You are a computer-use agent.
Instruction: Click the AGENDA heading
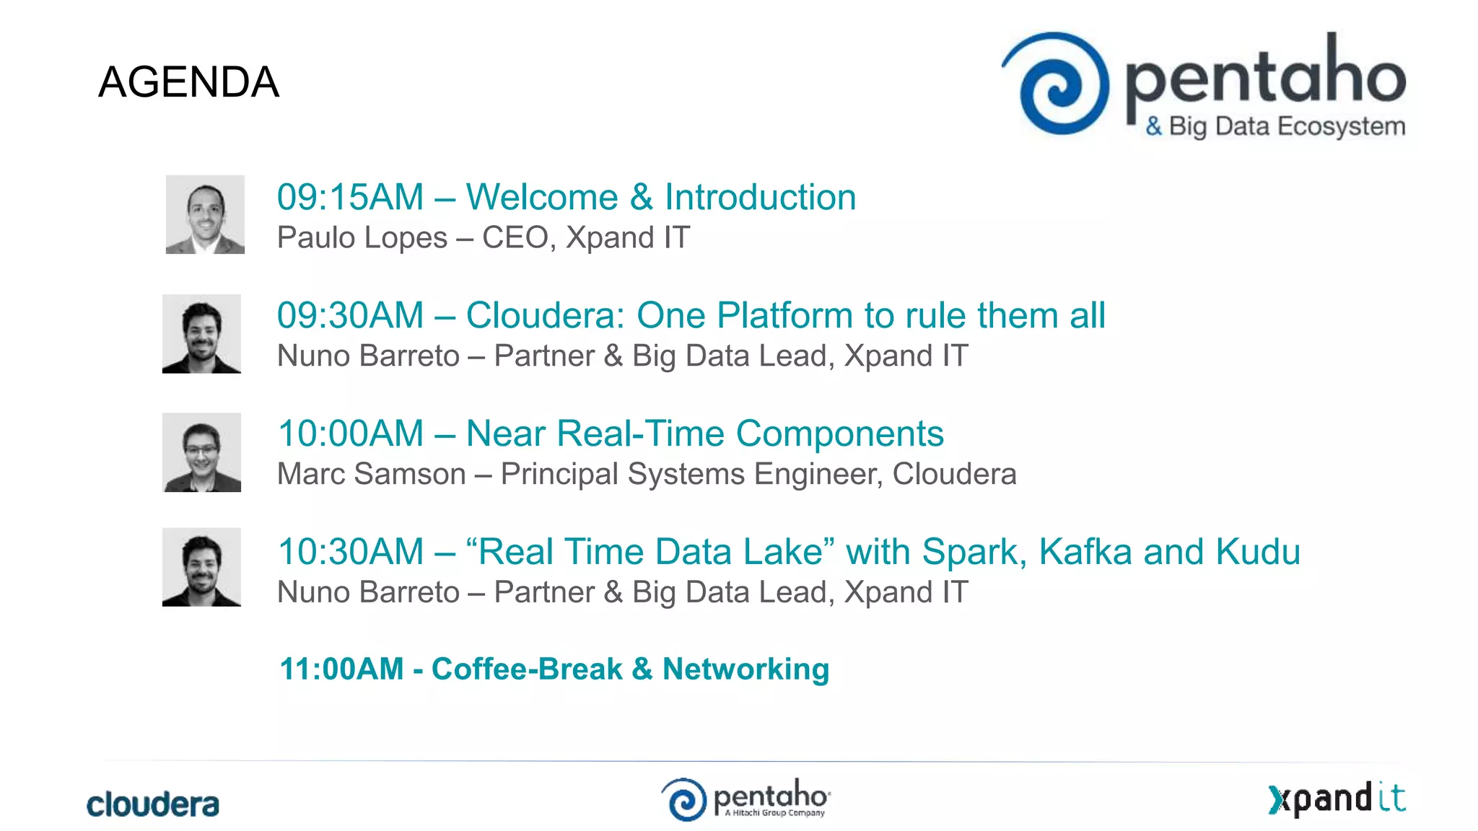[x=188, y=82]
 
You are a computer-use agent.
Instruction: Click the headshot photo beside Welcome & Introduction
[x=205, y=214]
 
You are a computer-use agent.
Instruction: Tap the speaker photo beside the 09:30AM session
[x=201, y=333]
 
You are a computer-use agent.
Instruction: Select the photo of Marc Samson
[x=201, y=452]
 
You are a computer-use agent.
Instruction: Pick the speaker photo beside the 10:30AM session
[x=201, y=567]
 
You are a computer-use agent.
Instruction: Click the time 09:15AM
[x=350, y=198]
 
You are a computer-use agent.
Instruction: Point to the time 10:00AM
[x=350, y=434]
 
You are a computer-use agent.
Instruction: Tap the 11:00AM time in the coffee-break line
[x=341, y=669]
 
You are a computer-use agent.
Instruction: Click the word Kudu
[x=1257, y=553]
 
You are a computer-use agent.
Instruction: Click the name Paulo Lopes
[x=362, y=238]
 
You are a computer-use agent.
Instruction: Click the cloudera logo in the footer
[x=152, y=804]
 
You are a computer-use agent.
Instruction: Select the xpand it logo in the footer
[x=1337, y=799]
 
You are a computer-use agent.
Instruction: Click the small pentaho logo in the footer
[x=745, y=799]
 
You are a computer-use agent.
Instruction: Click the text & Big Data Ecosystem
[x=1275, y=127]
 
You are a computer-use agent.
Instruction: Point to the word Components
[x=839, y=434]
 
